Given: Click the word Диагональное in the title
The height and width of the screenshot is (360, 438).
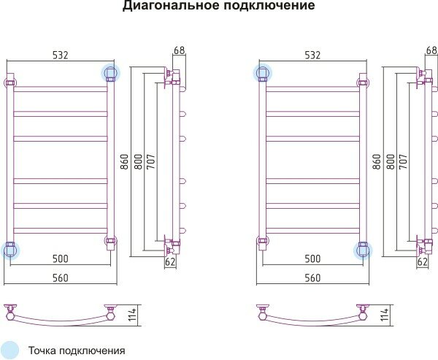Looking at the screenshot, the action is pyautogui.click(x=166, y=7).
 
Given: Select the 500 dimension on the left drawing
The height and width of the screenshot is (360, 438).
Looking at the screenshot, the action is pyautogui.click(x=61, y=258).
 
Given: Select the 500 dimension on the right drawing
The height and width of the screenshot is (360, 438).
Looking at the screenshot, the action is pyautogui.click(x=312, y=258).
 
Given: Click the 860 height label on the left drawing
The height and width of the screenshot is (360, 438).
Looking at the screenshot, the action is pyautogui.click(x=126, y=163).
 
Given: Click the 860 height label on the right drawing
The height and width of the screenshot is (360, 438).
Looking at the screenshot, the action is pyautogui.click(x=377, y=163).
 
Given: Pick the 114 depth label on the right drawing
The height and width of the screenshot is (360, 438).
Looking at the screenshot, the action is pyautogui.click(x=385, y=315).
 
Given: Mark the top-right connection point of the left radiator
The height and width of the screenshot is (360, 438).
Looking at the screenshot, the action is pyautogui.click(x=110, y=72).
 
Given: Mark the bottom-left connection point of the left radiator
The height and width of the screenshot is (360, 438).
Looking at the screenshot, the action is pyautogui.click(x=9, y=250).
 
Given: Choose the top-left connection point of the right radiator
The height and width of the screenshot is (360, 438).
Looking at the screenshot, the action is pyautogui.click(x=262, y=72).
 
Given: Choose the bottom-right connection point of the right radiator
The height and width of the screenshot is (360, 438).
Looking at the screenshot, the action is pyautogui.click(x=362, y=250).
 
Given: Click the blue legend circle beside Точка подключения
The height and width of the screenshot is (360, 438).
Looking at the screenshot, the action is pyautogui.click(x=10, y=350).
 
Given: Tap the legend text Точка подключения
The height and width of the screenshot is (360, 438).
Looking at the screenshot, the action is pyautogui.click(x=77, y=351).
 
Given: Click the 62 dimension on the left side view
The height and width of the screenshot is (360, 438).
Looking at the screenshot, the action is pyautogui.click(x=171, y=261).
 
